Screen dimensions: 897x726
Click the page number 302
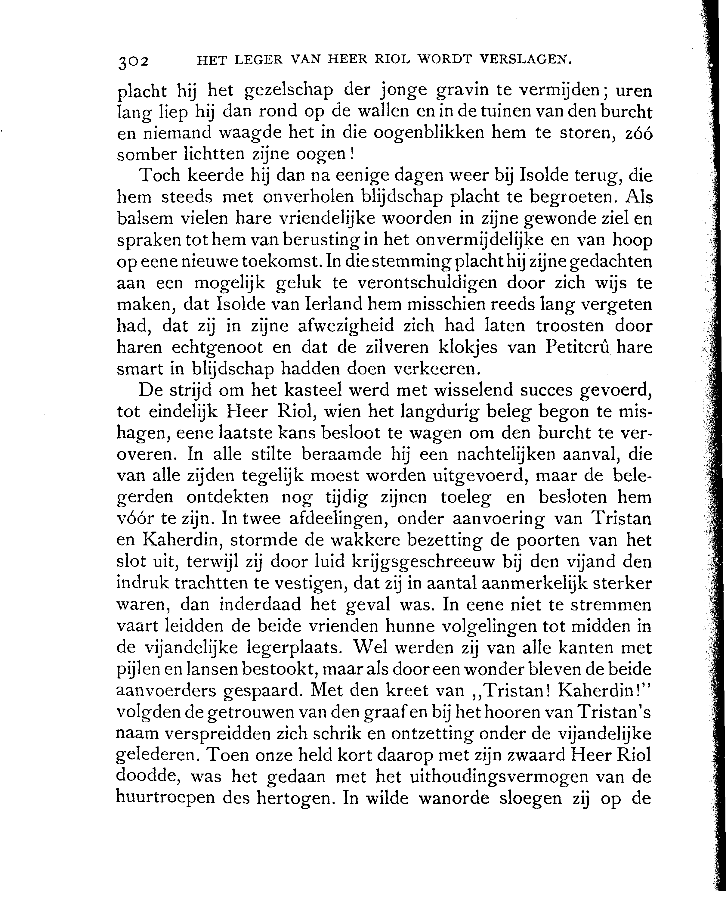coord(133,61)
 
